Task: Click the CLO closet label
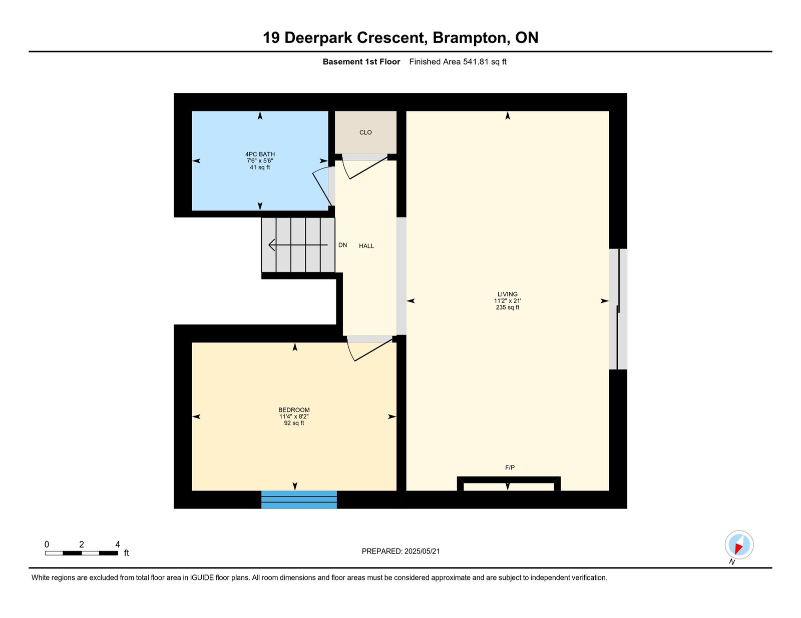[x=365, y=132]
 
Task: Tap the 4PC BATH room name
[x=260, y=154]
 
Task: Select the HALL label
[x=366, y=246]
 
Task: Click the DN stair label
[x=342, y=245]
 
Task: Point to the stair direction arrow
[x=298, y=245]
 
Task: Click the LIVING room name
[x=507, y=294]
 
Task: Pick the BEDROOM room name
[x=294, y=410]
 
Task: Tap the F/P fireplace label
[x=510, y=467]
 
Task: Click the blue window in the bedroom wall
[x=299, y=499]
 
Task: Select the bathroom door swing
[x=321, y=186]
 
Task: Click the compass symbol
[x=739, y=545]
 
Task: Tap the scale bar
[x=82, y=553]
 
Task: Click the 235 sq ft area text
[x=507, y=307]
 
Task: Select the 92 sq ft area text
[x=294, y=423]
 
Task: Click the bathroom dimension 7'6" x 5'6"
[x=260, y=161]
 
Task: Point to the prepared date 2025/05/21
[x=422, y=551]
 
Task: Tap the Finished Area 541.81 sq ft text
[x=458, y=62]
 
